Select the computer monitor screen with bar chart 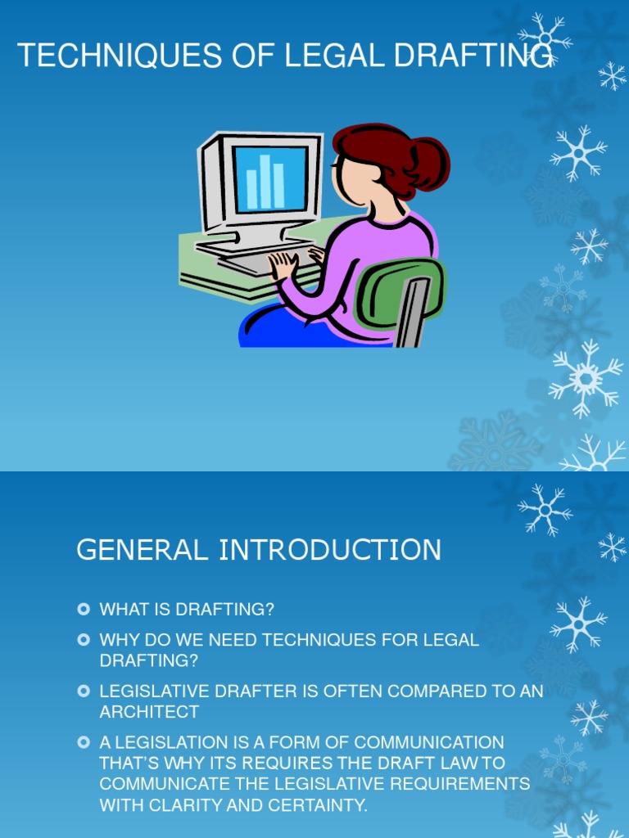pyautogui.click(x=270, y=178)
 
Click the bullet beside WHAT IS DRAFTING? pyautogui.click(x=83, y=610)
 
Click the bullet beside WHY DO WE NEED pyautogui.click(x=83, y=640)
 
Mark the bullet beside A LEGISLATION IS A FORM pyautogui.click(x=83, y=742)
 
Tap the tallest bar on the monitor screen pyautogui.click(x=265, y=180)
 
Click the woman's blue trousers pyautogui.click(x=278, y=327)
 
